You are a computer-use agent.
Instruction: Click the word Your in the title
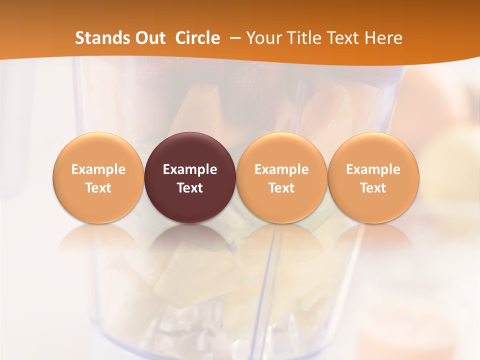coord(263,38)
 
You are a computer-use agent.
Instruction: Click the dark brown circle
coord(190,150)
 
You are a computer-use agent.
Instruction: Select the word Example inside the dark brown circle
coord(190,169)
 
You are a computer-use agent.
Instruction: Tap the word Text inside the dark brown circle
coord(190,188)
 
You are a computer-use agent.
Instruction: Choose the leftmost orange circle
coord(98,150)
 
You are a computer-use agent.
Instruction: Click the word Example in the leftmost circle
coord(98,169)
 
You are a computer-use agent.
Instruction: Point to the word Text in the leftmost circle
coord(98,188)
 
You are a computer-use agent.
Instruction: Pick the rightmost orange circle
coord(373,150)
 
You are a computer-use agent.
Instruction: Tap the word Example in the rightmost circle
coord(373,169)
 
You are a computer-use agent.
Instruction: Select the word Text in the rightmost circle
coord(373,188)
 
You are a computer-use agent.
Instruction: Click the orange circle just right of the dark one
coord(281,150)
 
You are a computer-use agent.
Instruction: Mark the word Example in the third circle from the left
coord(281,169)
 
